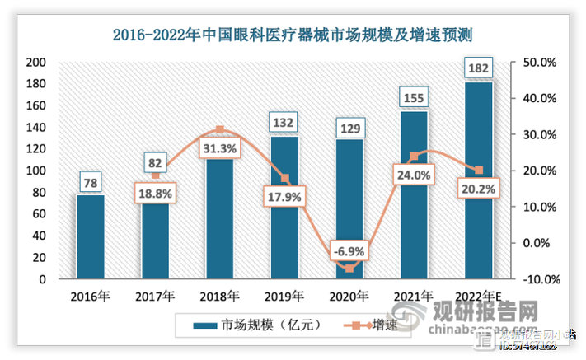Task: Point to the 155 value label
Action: coord(415,98)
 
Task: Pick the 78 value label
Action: coord(91,181)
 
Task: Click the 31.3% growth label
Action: coord(219,148)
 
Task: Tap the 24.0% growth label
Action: coord(415,175)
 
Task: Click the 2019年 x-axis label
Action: coord(284,296)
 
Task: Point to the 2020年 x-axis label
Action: coord(349,296)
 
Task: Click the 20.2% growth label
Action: coord(479,188)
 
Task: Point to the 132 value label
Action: coord(284,123)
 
